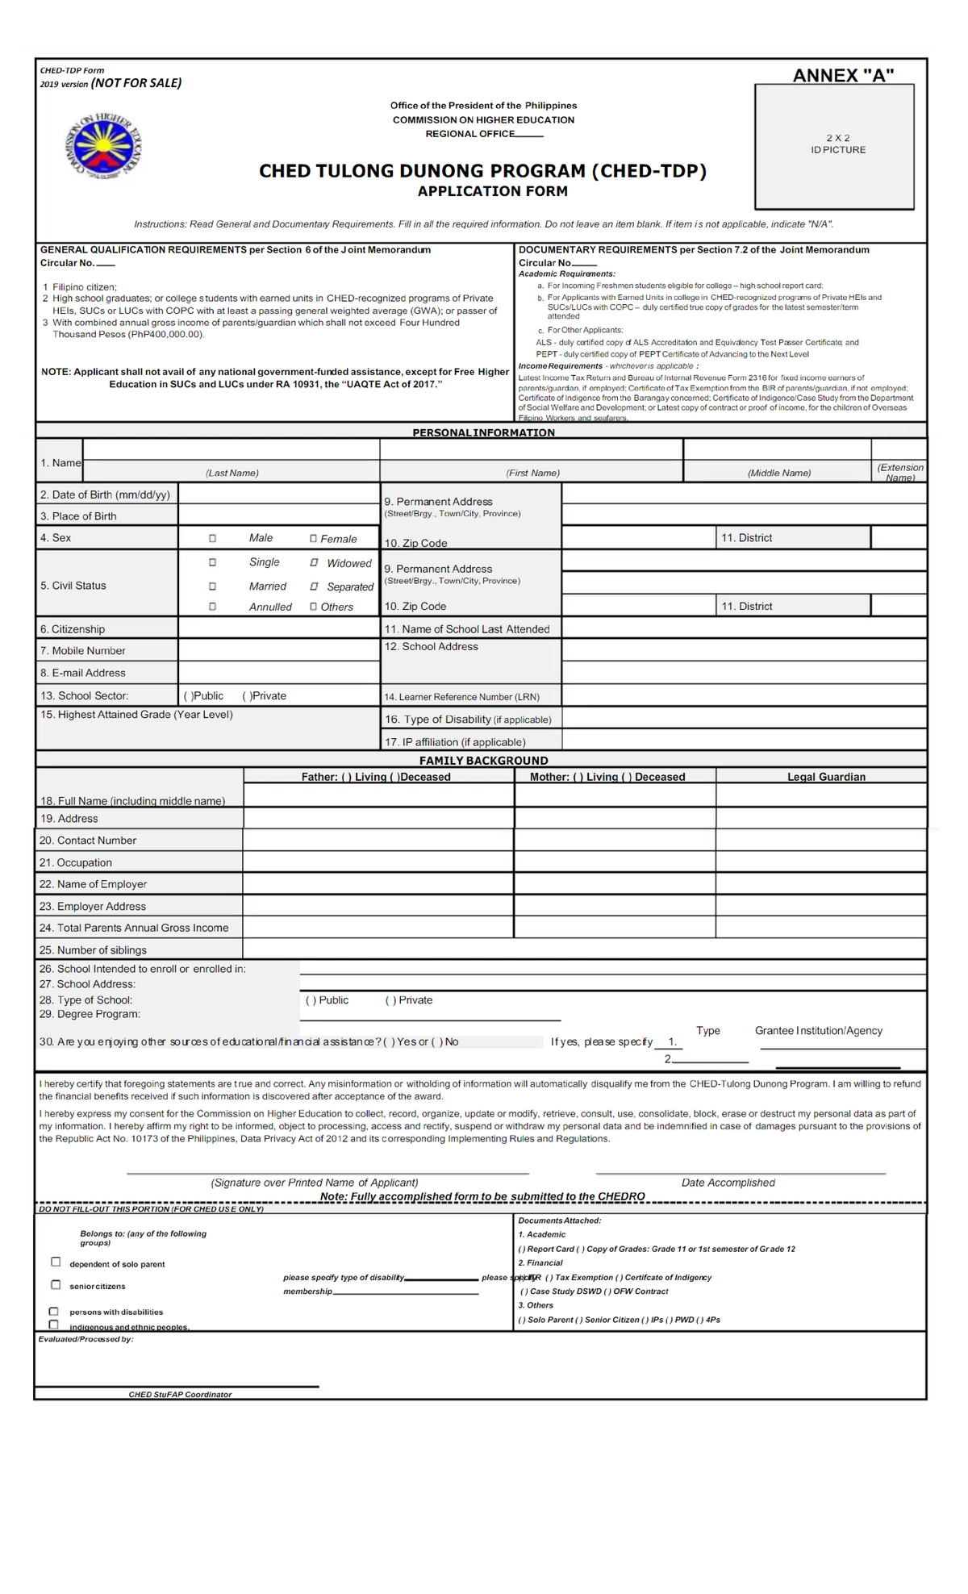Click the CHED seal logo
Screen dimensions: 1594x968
[x=102, y=146]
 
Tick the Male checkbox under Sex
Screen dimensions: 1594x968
[x=212, y=538]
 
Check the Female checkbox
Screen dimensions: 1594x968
[x=313, y=538]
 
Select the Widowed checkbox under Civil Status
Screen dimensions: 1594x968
[x=314, y=562]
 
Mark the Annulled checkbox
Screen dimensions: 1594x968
[x=212, y=607]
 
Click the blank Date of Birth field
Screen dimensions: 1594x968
[x=278, y=494]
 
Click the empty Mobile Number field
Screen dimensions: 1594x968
[x=278, y=650]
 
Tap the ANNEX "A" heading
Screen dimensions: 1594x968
[x=843, y=75]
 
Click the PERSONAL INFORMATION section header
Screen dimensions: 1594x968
[x=483, y=432]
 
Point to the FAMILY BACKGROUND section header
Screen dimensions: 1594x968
[x=483, y=760]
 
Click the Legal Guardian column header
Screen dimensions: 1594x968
[x=826, y=777]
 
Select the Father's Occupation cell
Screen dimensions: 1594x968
[x=378, y=862]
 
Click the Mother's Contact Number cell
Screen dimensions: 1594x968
[x=615, y=840]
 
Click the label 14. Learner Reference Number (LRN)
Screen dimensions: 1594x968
[x=461, y=696]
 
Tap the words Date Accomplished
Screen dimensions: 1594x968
[x=728, y=1183]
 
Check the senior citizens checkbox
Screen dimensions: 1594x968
[x=56, y=1284]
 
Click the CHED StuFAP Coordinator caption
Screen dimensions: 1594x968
[x=180, y=1394]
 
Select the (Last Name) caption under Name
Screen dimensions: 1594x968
[x=232, y=473]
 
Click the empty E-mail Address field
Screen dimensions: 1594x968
[x=278, y=672]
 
